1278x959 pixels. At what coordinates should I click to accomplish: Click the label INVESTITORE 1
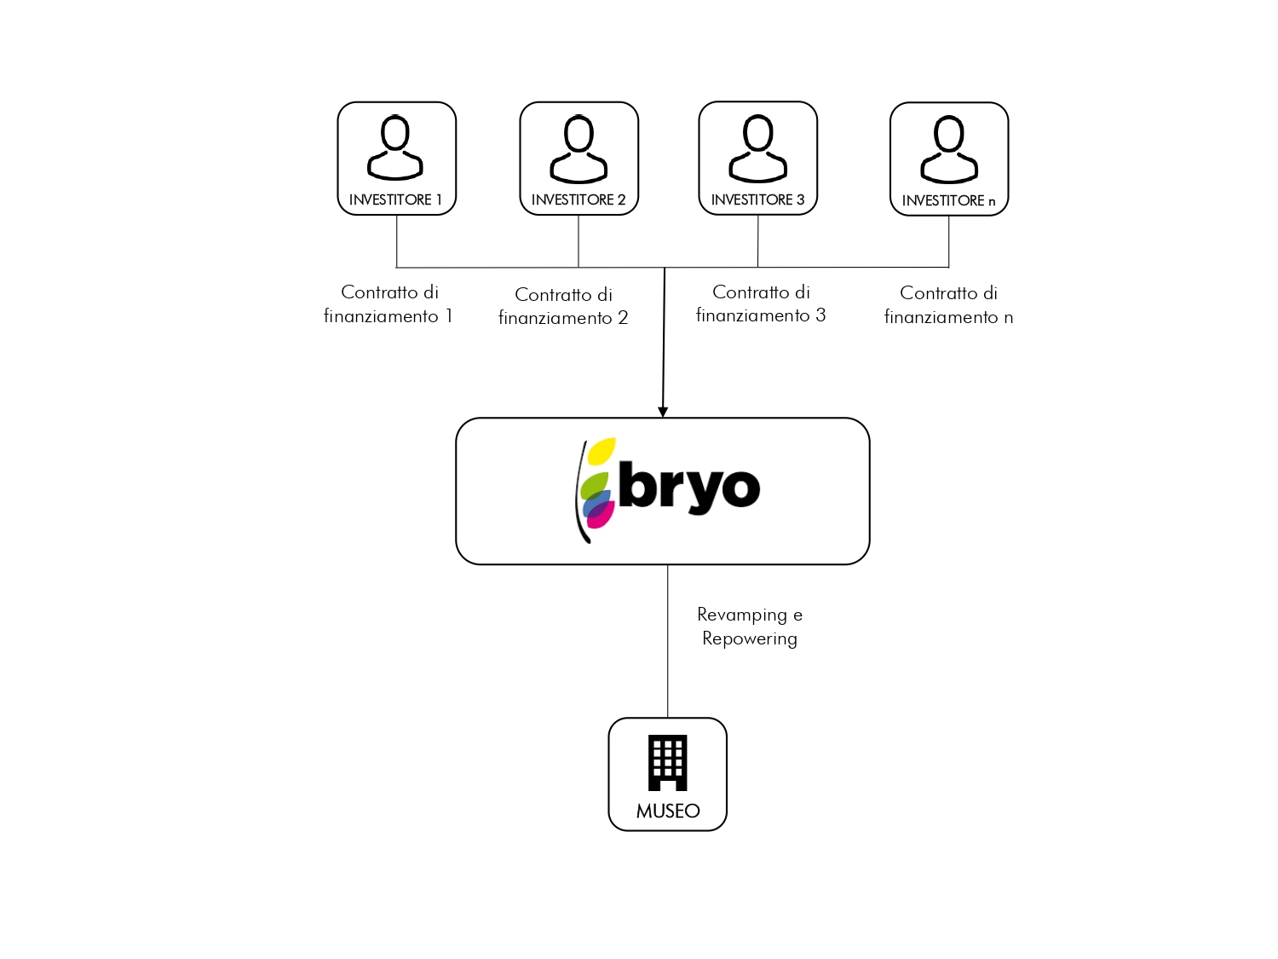tap(395, 199)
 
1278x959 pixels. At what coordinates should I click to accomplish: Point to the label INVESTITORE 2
tap(579, 199)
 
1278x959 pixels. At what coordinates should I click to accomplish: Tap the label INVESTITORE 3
tap(757, 199)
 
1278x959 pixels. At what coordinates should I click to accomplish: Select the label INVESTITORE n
tap(948, 201)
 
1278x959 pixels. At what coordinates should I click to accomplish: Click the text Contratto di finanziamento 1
tap(389, 304)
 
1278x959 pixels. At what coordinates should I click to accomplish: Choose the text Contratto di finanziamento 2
tap(563, 306)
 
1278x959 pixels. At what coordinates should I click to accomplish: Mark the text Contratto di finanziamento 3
tap(761, 303)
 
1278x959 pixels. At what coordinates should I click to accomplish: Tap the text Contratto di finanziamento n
tap(948, 304)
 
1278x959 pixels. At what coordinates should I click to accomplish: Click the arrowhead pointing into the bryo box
tap(663, 413)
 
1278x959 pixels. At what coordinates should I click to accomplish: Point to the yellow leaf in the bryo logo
tap(602, 451)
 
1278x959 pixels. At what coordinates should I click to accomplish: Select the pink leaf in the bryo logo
tap(600, 513)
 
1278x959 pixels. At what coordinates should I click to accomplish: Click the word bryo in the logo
tap(689, 488)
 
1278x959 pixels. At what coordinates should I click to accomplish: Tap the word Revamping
tap(742, 615)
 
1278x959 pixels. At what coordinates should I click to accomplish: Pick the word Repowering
tap(749, 639)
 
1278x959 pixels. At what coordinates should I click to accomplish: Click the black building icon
tap(667, 763)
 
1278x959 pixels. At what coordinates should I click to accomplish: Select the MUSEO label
tap(668, 812)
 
